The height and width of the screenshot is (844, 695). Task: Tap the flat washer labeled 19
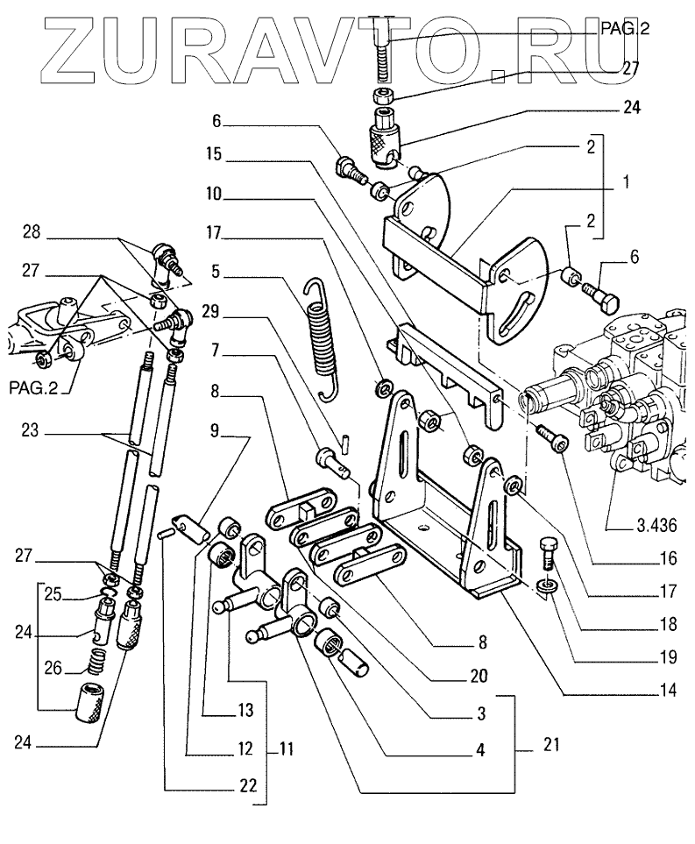(544, 586)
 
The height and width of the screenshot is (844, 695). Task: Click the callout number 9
(216, 432)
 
